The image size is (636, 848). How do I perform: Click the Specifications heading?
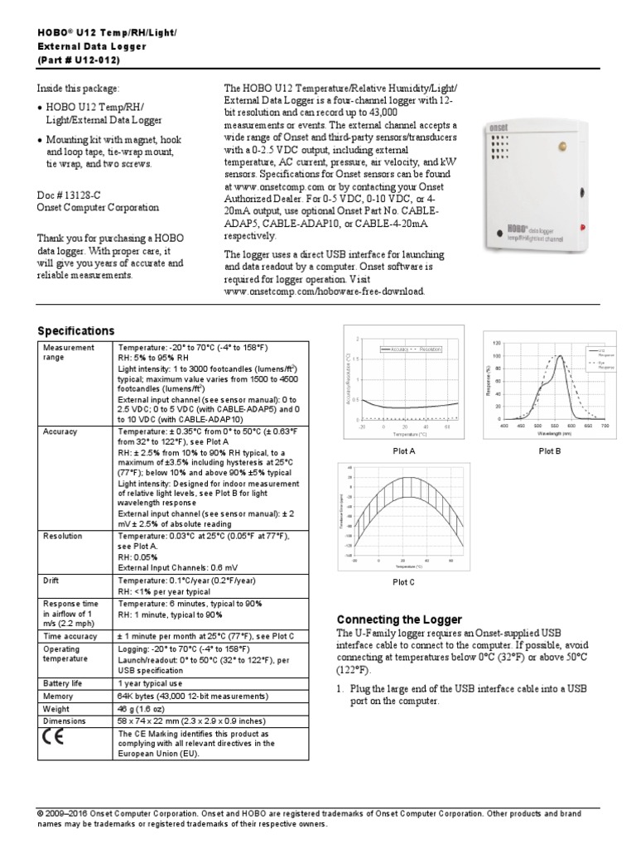(75, 330)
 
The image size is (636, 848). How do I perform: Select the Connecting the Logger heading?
(399, 620)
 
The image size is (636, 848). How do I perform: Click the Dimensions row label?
(65, 721)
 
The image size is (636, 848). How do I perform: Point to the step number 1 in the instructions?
(340, 689)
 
